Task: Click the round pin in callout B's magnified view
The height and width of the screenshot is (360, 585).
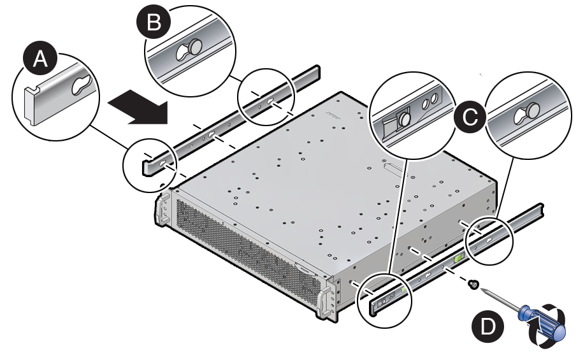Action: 194,46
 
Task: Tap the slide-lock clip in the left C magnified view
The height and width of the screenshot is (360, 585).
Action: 403,118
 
